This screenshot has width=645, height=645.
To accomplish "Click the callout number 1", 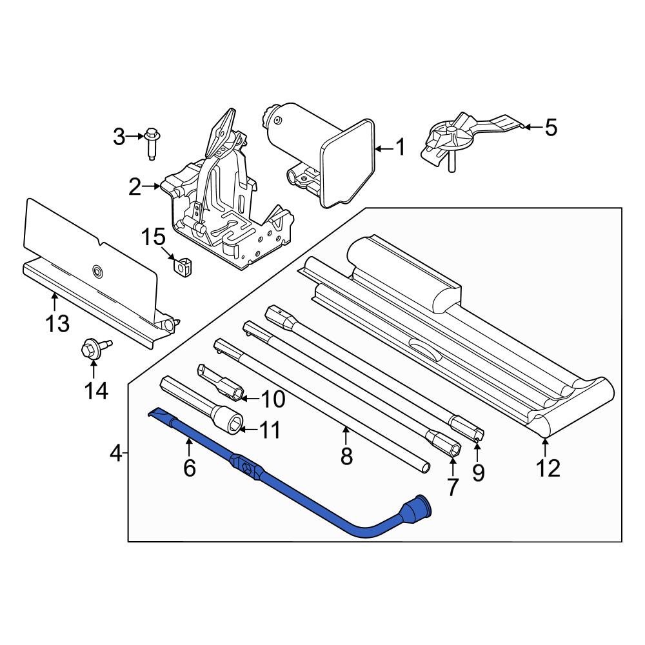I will (400, 148).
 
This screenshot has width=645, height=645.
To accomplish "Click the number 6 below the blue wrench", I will (189, 468).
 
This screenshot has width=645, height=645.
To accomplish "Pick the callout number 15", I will (154, 237).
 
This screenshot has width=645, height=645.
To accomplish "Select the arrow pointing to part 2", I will (155, 187).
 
